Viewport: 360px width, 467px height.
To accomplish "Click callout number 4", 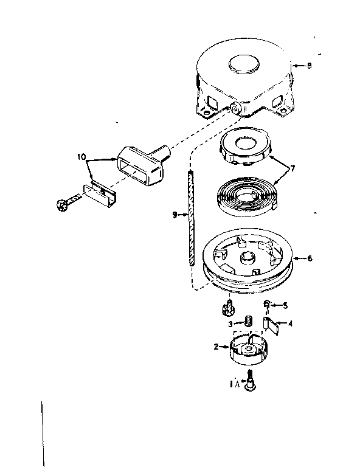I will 289,323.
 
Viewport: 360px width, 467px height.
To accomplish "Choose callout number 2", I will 216,347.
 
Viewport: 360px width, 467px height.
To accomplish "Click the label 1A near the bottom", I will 234,384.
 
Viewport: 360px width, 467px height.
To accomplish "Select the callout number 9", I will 175,215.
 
